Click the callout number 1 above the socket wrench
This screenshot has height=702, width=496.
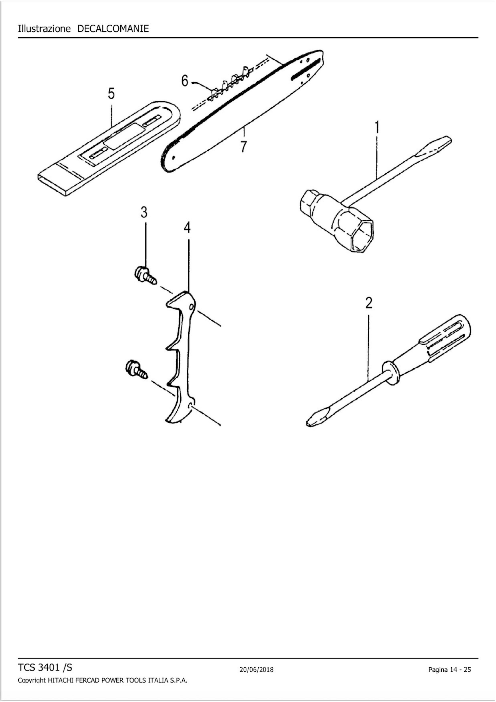377,127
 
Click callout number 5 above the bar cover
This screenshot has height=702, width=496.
111,93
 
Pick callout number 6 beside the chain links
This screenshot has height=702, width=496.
185,81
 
